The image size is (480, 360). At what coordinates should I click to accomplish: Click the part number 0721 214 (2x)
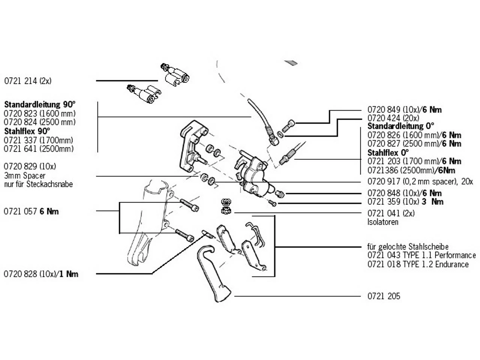28,81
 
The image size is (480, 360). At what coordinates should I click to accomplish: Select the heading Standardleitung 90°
40,104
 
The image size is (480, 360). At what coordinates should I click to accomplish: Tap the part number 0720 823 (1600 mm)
39,113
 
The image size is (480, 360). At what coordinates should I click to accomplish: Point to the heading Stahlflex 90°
27,131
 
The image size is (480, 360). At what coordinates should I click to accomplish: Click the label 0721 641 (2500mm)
39,149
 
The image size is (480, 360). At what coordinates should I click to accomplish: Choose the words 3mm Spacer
24,175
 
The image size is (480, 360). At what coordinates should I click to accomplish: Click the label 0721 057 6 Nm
31,211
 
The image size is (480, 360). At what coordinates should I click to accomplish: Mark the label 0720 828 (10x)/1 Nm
41,274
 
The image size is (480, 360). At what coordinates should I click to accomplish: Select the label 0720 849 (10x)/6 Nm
404,110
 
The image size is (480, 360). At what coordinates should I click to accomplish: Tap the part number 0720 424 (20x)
393,118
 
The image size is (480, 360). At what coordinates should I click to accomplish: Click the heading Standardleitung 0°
400,126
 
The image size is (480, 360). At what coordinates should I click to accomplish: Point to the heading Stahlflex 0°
388,153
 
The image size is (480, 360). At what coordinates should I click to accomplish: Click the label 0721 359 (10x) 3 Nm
405,202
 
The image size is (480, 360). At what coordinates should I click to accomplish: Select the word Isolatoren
382,222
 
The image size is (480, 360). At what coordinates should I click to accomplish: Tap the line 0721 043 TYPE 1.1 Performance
421,255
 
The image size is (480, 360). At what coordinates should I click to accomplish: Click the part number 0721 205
384,296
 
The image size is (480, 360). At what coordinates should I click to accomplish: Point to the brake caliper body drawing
253,174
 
